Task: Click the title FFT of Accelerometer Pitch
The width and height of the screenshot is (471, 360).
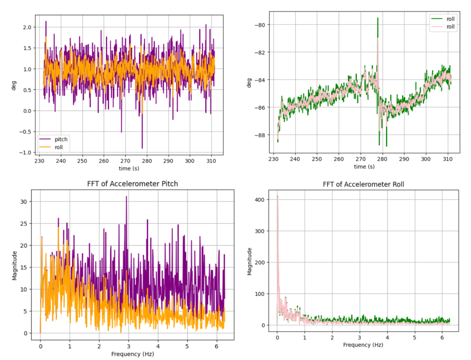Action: (x=132, y=184)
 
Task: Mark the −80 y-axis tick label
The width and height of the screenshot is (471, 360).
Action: (x=259, y=25)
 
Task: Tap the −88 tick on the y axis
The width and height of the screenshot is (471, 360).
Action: (x=259, y=135)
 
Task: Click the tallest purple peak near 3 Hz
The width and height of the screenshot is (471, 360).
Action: (x=126, y=196)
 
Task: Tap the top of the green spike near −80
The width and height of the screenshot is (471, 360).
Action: (x=378, y=18)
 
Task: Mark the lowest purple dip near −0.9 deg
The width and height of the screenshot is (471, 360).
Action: (x=142, y=148)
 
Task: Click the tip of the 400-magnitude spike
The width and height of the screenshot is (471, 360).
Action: (x=277, y=196)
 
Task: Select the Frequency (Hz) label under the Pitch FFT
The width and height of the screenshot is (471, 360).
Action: (x=132, y=354)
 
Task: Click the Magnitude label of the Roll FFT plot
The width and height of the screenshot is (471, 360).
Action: (x=250, y=261)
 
